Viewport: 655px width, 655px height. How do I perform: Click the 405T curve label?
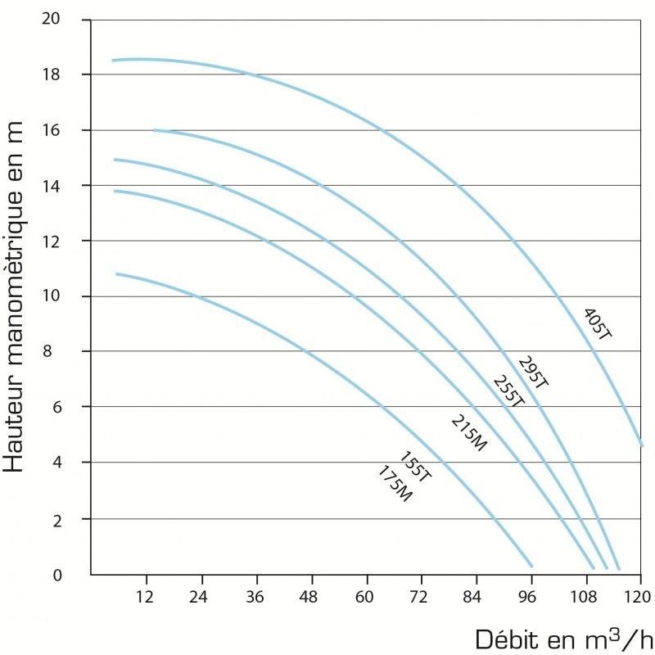(598, 323)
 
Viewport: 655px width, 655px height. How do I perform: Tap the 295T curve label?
(533, 372)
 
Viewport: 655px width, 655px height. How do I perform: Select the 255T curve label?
(508, 391)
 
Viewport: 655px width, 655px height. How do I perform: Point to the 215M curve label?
(469, 433)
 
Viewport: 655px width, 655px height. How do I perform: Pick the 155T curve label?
(415, 467)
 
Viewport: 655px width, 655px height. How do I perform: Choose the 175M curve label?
(395, 484)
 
